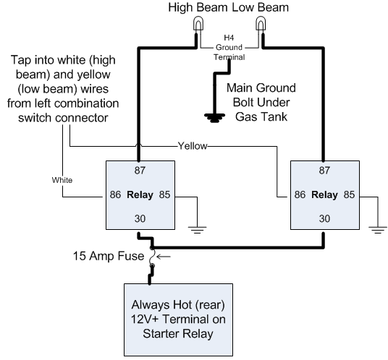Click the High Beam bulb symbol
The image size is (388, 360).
(198, 23)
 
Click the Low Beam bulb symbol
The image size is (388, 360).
(261, 23)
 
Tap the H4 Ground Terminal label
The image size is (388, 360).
(229, 48)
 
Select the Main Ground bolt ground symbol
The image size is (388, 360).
(214, 118)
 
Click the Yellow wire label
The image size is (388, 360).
(193, 146)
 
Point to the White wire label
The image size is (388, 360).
(62, 180)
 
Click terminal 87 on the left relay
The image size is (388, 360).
(140, 170)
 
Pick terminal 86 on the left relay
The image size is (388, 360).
(115, 194)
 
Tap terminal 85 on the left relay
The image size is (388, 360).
(164, 194)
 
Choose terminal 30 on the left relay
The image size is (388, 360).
(140, 218)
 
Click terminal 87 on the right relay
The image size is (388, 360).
(324, 170)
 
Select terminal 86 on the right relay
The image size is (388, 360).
(300, 194)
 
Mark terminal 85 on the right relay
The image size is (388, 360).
(349, 194)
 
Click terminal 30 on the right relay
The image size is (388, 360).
(324, 218)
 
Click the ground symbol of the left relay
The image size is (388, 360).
(197, 230)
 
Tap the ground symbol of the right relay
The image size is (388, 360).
(378, 230)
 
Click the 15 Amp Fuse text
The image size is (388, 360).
(109, 256)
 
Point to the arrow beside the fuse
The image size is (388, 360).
(164, 257)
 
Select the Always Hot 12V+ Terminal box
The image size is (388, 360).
(178, 320)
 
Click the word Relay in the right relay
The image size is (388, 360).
(324, 195)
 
